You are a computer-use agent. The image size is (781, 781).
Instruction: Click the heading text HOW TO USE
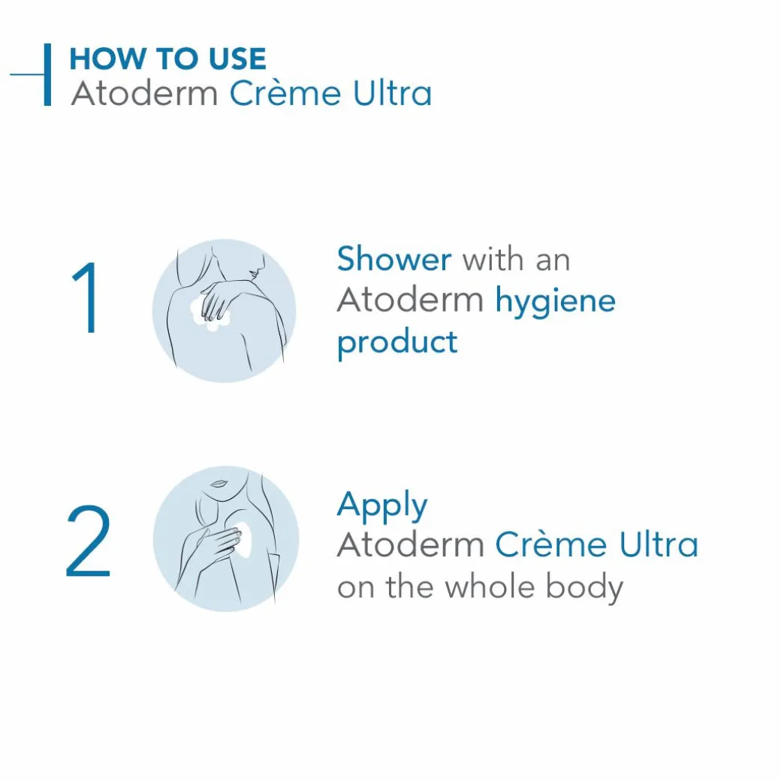pos(167,59)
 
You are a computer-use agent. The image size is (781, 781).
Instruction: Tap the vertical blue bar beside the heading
pos(47,74)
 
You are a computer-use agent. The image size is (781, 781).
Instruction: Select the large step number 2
pos(88,541)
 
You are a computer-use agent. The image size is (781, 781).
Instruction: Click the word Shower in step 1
pos(394,259)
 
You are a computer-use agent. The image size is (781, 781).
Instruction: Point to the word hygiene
pos(555,302)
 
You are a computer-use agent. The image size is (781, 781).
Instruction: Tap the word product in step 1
pos(397,342)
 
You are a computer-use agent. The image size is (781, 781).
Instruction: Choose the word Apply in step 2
pos(382,506)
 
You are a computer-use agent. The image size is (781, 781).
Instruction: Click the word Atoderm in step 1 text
pos(410,300)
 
